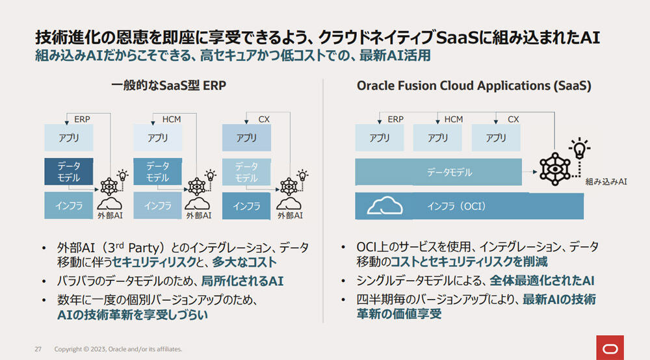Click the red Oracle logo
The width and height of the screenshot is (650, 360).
click(610, 348)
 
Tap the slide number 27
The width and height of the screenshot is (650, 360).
click(38, 349)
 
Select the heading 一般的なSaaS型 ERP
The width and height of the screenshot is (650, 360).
click(168, 85)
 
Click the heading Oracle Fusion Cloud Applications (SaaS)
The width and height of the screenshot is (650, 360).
click(474, 85)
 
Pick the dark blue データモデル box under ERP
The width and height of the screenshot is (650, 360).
click(69, 172)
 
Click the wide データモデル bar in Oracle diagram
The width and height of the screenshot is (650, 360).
click(439, 172)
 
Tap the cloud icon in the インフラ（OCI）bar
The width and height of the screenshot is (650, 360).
click(385, 205)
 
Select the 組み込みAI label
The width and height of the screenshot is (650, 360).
click(606, 181)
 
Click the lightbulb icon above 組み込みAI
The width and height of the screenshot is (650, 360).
click(580, 148)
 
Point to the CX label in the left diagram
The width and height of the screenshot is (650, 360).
click(264, 120)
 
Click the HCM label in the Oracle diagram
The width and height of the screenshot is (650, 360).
click(454, 120)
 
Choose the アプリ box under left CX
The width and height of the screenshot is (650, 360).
click(246, 138)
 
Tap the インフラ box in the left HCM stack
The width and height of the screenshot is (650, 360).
click(157, 205)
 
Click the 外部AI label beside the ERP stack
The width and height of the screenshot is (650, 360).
click(110, 216)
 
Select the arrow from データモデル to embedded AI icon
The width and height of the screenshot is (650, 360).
click(530, 172)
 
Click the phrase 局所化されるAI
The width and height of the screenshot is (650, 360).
click(242, 281)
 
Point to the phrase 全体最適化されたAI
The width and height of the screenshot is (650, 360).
click(542, 281)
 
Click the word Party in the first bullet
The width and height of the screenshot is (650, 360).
click(144, 248)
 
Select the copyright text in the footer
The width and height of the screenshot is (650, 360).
click(118, 349)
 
